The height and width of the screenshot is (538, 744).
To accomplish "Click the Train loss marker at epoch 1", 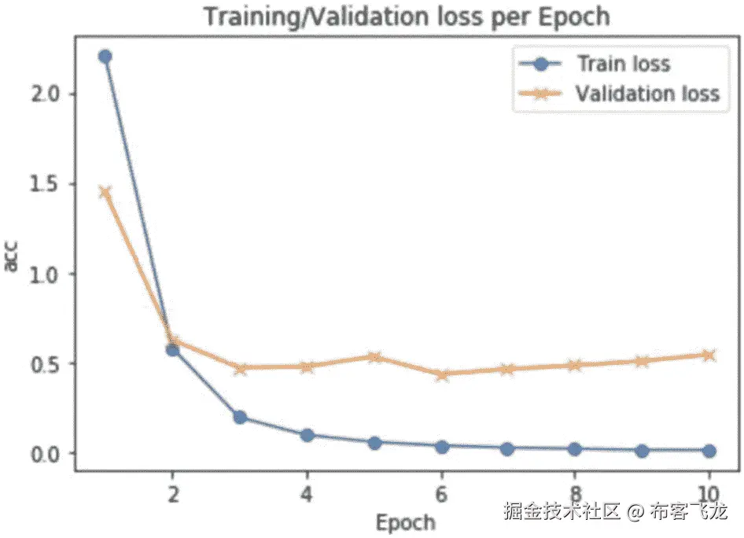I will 105,56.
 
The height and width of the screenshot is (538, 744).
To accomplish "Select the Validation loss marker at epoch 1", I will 105,192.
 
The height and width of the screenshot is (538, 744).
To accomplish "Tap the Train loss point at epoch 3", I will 239,417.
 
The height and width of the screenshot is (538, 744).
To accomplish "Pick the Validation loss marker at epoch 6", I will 441,374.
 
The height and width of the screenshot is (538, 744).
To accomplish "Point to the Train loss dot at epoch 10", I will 709,451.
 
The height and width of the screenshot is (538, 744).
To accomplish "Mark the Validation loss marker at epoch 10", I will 709,355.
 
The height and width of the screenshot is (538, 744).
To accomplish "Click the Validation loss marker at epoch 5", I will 374,357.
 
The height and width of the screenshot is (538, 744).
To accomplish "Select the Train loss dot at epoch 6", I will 441,446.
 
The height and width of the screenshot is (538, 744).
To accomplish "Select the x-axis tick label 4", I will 307,496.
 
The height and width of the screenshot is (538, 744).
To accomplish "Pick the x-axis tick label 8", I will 576,496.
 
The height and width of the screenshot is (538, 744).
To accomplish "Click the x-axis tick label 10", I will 709,496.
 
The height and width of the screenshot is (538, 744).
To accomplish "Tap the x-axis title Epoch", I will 405,522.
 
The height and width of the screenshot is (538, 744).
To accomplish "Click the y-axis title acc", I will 13,257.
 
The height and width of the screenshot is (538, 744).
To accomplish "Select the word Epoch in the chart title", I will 576,17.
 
